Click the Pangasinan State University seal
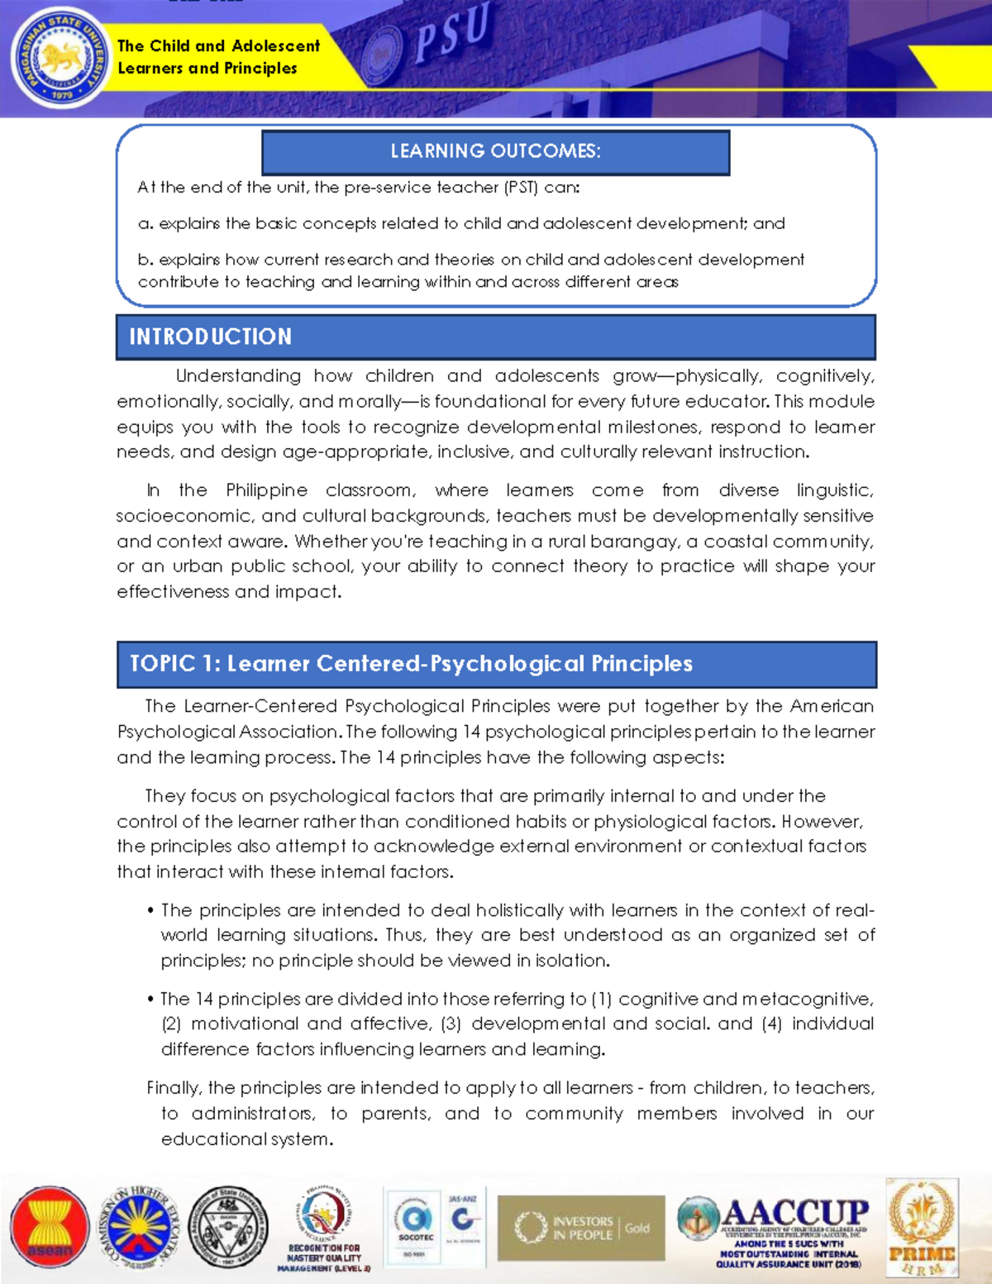(60, 59)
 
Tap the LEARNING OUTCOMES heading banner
(495, 151)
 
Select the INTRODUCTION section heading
(210, 337)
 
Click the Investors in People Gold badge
(581, 1228)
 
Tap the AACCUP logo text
(794, 1214)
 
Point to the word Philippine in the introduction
(266, 490)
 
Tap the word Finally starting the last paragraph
(173, 1088)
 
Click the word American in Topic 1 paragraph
(831, 706)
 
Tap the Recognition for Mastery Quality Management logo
(324, 1228)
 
